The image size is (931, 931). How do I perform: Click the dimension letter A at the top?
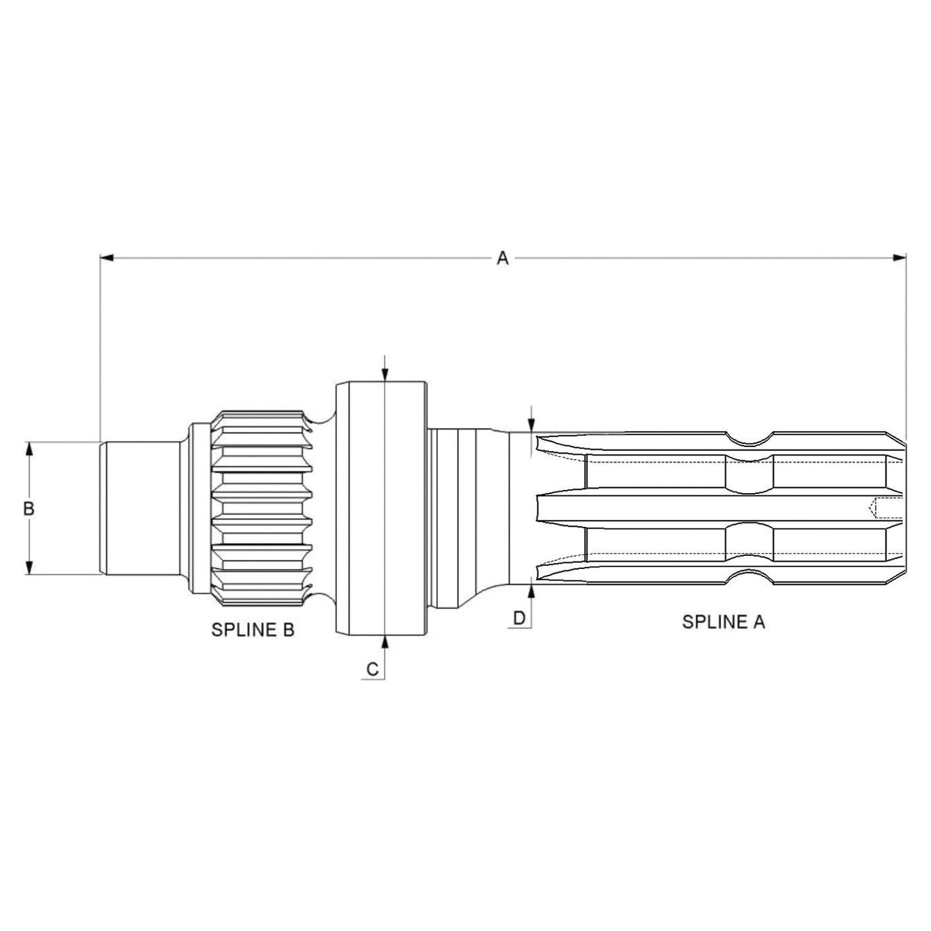pyautogui.click(x=502, y=258)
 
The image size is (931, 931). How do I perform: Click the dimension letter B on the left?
pyautogui.click(x=29, y=508)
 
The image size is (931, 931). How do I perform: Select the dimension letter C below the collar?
pyautogui.click(x=372, y=669)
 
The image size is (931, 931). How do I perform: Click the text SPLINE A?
pyautogui.click(x=723, y=622)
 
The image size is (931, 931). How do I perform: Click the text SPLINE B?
pyautogui.click(x=252, y=630)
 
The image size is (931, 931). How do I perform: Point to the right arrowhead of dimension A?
pyautogui.click(x=899, y=258)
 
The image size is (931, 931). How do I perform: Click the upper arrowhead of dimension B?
pyautogui.click(x=29, y=449)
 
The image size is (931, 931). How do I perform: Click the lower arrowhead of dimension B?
pyautogui.click(x=29, y=567)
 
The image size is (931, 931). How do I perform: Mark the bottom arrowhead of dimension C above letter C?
pyautogui.click(x=383, y=642)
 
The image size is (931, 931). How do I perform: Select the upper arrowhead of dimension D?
pyautogui.click(x=531, y=425)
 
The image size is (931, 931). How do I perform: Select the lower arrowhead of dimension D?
pyautogui.click(x=531, y=591)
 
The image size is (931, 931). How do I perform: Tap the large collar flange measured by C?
pyautogui.click(x=380, y=508)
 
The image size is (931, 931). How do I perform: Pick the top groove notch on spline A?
pyautogui.click(x=748, y=440)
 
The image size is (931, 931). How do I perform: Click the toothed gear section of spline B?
pyautogui.click(x=262, y=508)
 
